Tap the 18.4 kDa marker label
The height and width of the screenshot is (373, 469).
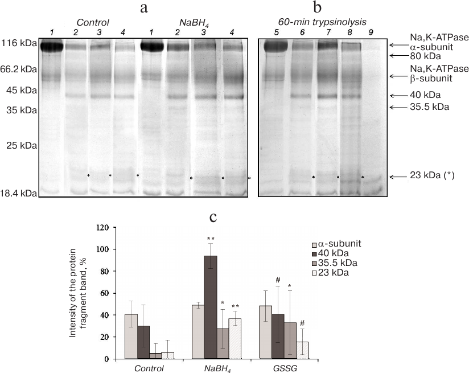[x=18, y=194]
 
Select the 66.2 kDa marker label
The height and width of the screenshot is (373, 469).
[x=18, y=69]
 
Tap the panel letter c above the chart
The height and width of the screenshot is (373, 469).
[x=213, y=217]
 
